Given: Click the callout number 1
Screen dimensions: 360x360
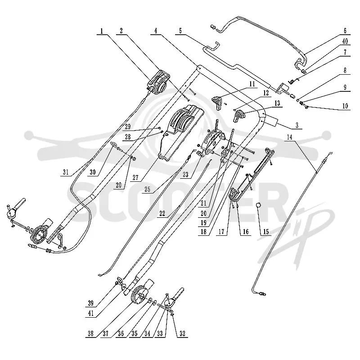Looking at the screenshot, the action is (x=102, y=31).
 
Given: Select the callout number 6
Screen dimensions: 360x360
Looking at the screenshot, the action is (x=345, y=31).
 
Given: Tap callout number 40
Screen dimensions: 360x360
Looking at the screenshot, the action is (x=345, y=41).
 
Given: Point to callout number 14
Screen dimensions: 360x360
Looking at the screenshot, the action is (x=290, y=137).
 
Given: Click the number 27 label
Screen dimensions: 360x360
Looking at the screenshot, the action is (x=135, y=177).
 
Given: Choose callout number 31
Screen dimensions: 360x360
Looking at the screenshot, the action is (x=66, y=172).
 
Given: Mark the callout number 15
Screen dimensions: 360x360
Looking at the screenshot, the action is (x=266, y=231).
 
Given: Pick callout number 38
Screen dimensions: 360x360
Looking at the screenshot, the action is (x=91, y=333).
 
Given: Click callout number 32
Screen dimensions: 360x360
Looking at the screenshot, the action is (x=182, y=333).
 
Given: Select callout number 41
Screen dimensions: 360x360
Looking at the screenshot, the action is (x=91, y=313).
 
